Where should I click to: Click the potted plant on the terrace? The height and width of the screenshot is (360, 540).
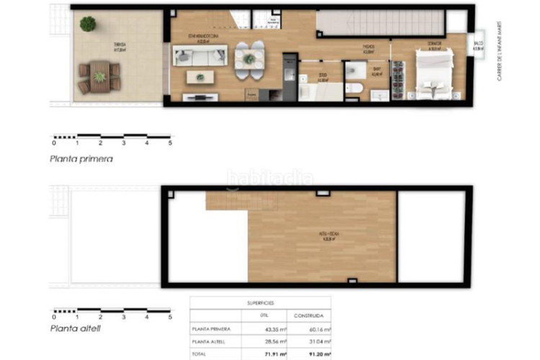pos(88,24)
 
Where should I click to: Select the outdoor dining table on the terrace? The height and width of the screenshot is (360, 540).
pos(99,76)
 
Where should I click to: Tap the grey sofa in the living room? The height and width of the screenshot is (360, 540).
pos(199,55)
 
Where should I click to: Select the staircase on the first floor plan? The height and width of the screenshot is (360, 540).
pos(382,23)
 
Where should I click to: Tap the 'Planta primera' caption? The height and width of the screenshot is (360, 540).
pos(81,159)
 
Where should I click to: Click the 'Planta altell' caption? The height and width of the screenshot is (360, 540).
pos(75,328)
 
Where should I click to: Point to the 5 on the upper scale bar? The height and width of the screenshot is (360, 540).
pos(171,143)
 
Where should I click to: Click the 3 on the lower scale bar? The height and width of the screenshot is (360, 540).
pos(123,315)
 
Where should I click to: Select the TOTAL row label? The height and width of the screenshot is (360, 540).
pos(201,354)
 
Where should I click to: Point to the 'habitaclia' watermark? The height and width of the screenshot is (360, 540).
pos(270,177)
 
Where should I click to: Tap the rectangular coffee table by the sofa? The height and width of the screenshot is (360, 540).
pos(200,76)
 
